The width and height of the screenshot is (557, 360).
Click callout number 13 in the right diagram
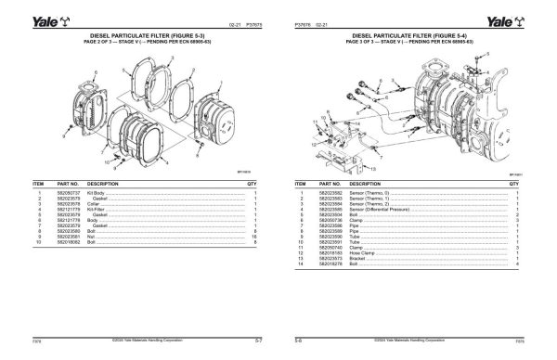[371, 173]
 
